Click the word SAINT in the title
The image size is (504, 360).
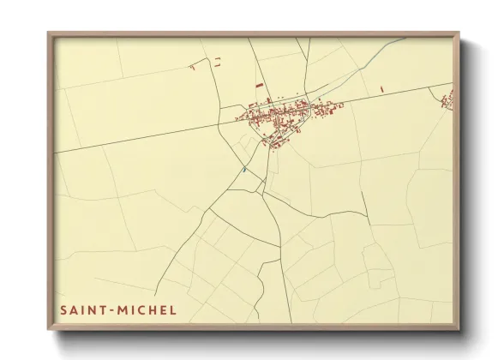(x=83, y=309)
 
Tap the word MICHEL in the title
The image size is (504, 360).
(x=147, y=309)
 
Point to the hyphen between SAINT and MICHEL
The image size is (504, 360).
(x=113, y=309)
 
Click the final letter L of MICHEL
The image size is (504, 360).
(x=172, y=309)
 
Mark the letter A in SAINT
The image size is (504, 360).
(x=73, y=309)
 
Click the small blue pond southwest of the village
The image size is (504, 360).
(x=244, y=169)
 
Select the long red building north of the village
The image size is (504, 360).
(x=259, y=86)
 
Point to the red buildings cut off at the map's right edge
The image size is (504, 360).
(x=447, y=102)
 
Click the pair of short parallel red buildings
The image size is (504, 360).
(x=218, y=60)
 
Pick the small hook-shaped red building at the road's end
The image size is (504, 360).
(x=193, y=66)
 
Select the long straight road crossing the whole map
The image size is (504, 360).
(x=154, y=137)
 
